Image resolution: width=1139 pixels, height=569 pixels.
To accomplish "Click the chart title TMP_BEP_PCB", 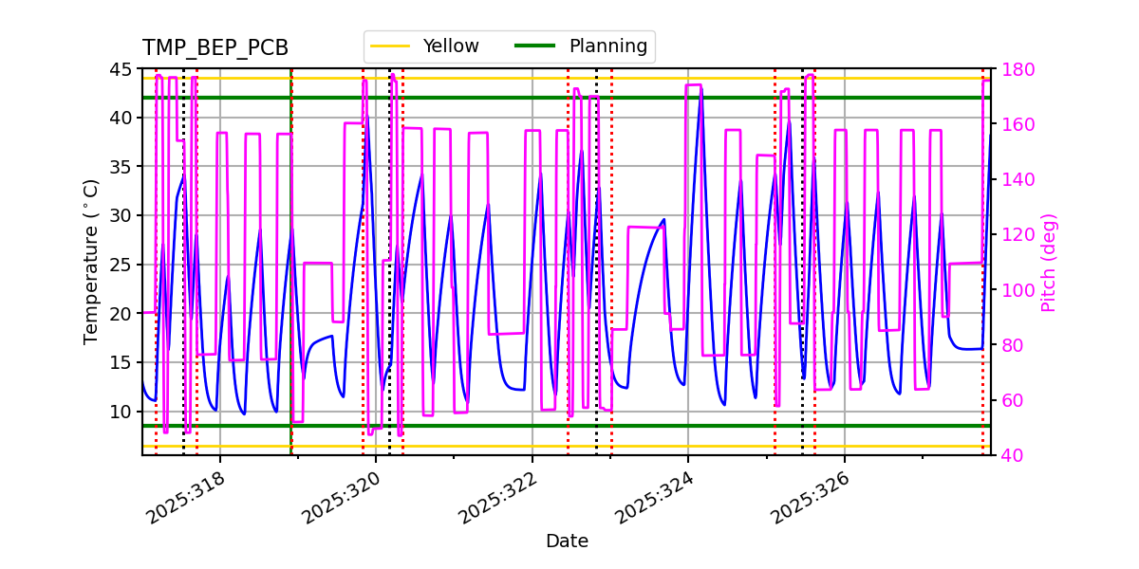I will point(215,48).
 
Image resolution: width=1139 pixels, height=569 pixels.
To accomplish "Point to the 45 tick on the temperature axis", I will point(121,69).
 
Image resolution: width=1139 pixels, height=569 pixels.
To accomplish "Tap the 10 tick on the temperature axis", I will point(121,412).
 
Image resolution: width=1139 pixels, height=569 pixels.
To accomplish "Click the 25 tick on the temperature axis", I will point(121,265).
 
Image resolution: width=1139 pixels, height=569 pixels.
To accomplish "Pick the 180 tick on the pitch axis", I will point(1016,69).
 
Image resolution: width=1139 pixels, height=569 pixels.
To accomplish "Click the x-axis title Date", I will point(567,541).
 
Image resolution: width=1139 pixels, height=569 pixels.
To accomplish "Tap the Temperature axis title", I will point(91,262).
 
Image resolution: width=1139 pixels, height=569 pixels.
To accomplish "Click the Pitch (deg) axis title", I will point(1049,262).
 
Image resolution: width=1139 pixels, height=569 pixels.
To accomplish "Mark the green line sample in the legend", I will point(534,46).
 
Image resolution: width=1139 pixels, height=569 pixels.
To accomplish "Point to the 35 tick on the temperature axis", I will point(121,167).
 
